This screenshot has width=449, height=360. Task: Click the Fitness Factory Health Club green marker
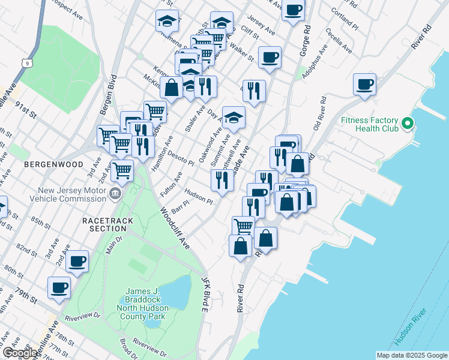(x=408, y=124)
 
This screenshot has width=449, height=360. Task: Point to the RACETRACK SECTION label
(x=107, y=224)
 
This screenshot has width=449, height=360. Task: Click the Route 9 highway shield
(x=25, y=62)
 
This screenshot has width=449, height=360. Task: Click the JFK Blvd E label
(x=204, y=294)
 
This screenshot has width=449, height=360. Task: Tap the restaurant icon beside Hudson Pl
(x=222, y=179)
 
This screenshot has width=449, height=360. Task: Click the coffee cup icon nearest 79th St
(x=59, y=289)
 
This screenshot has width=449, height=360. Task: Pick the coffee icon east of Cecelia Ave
(x=364, y=83)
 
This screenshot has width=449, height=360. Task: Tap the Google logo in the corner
(x=20, y=353)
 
